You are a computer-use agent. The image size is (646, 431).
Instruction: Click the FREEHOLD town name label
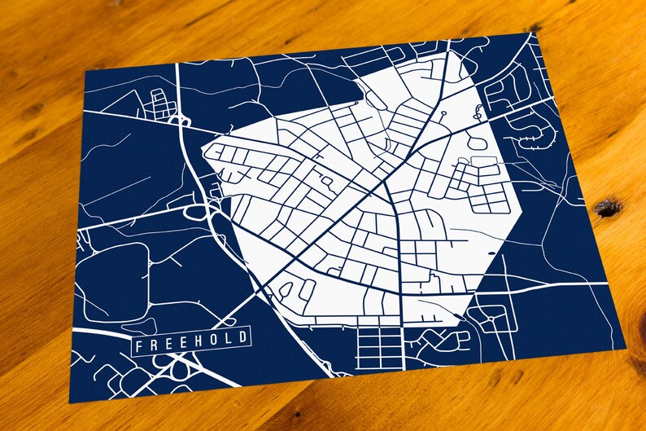point(192,342)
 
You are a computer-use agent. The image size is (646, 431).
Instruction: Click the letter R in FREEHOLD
point(154,346)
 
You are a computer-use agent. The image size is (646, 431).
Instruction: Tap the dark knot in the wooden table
point(608,208)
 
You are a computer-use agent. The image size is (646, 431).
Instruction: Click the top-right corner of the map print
point(529,33)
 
